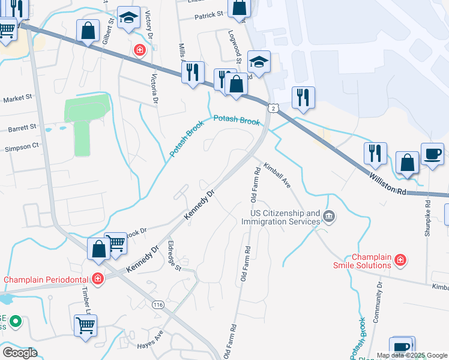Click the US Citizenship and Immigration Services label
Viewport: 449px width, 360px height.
coord(280,217)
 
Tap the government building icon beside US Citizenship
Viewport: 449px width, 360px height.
coord(328,216)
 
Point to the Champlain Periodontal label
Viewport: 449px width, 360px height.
coord(46,280)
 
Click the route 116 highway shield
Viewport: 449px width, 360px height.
coord(158,305)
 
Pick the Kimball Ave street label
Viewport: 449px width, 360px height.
coord(277,174)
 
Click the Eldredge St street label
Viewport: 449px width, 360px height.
coord(174,256)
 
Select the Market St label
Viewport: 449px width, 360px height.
coord(16,99)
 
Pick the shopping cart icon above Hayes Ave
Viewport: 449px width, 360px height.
coord(86,326)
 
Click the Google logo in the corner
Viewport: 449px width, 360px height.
coord(20,352)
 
